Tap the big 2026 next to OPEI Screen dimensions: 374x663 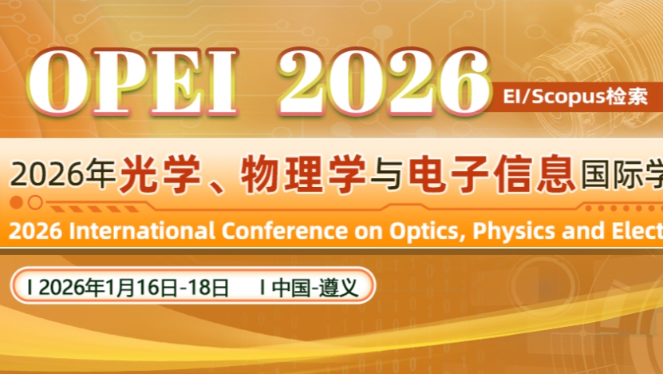[382, 82]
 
